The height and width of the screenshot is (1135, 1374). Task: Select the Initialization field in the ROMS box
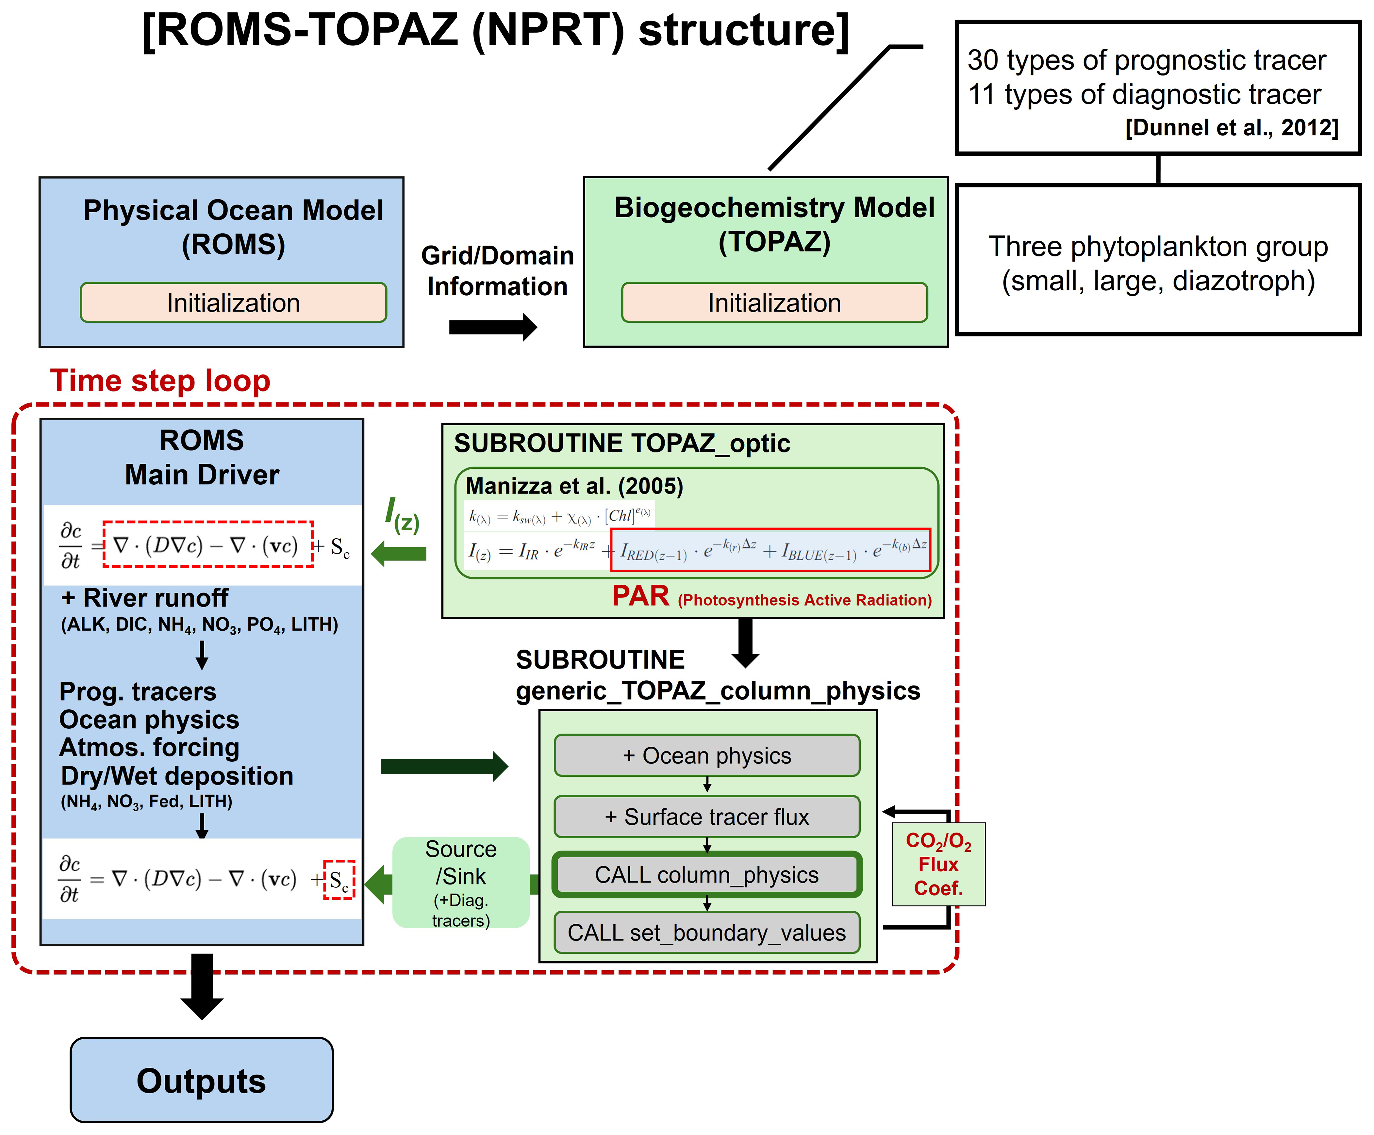coord(234,303)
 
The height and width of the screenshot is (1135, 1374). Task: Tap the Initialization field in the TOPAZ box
coord(774,303)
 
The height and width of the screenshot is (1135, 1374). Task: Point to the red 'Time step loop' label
coord(160,381)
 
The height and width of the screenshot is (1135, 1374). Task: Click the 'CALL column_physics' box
coord(707,875)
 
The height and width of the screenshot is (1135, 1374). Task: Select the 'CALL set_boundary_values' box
coord(707,932)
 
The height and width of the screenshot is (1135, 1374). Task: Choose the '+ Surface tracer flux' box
coord(707,817)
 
